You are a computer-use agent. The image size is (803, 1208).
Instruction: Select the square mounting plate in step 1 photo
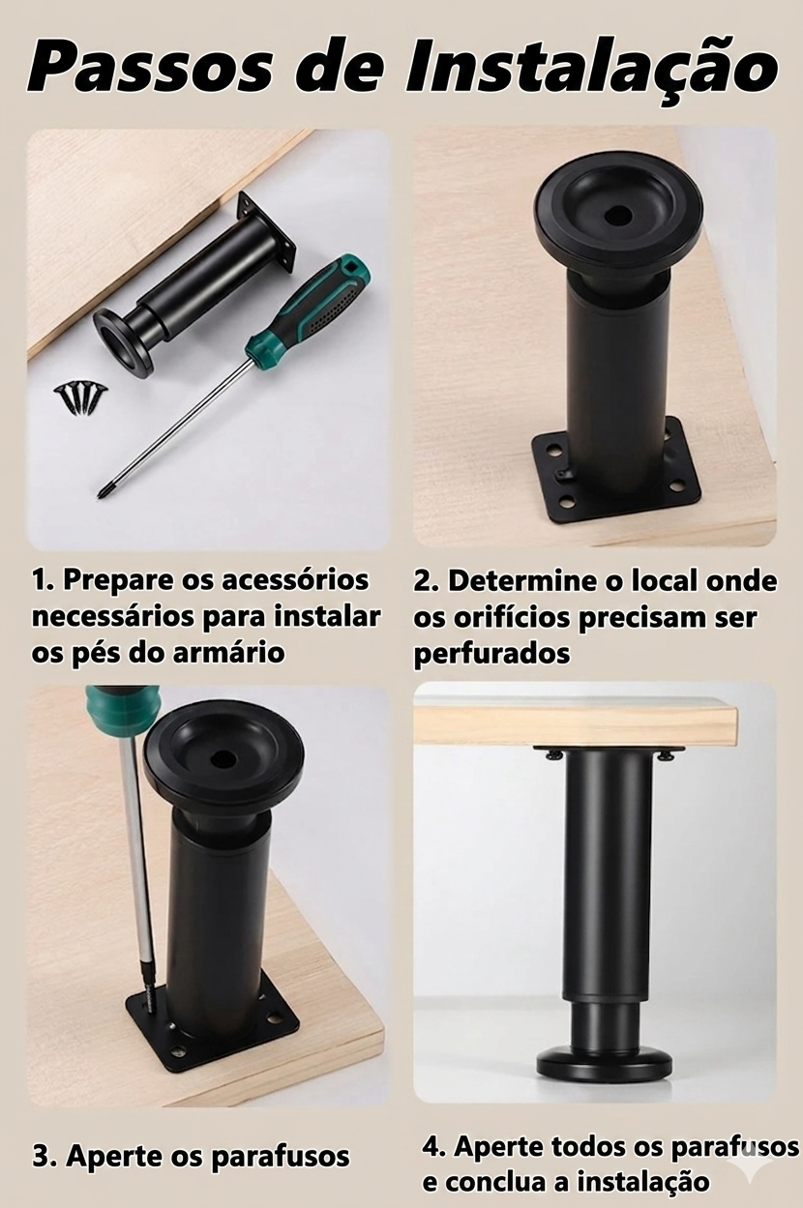267,232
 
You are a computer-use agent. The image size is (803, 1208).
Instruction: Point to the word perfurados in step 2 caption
491,654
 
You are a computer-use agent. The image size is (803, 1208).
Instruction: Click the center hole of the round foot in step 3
223,759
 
